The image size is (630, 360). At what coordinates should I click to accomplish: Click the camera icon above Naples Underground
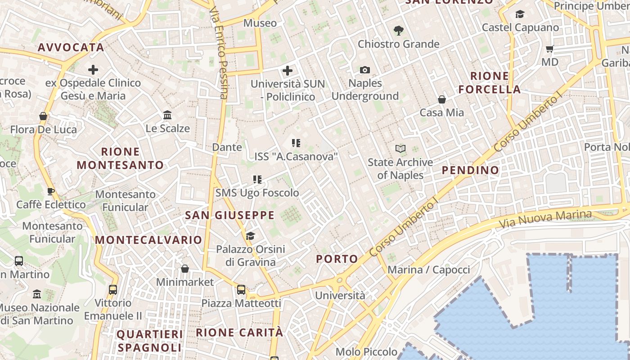tap(365, 70)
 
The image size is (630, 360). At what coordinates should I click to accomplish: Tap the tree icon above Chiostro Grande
tap(398, 31)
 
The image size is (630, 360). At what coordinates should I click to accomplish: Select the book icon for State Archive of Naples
tap(400, 148)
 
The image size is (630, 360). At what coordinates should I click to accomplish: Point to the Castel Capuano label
tap(520, 27)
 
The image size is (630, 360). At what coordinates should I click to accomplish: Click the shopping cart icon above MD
tap(549, 49)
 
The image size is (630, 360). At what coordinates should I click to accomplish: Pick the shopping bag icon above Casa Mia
tap(442, 99)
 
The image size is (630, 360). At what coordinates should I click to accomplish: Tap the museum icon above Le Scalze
tap(168, 115)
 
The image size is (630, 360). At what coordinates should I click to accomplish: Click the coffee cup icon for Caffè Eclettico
tap(51, 191)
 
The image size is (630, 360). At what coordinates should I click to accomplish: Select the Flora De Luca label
tap(44, 130)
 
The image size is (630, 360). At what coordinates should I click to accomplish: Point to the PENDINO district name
tap(470, 170)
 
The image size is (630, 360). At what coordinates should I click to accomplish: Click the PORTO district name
tap(337, 259)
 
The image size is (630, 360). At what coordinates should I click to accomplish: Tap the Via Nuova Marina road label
tap(545, 218)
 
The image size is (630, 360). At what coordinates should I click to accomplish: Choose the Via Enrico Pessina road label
tap(220, 53)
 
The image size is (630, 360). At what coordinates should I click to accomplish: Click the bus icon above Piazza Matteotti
tap(241, 289)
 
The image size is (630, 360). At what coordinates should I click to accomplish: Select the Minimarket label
tap(184, 282)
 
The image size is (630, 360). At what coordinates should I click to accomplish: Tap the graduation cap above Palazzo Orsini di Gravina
tap(250, 236)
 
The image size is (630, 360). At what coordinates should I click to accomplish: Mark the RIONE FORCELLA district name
tap(490, 82)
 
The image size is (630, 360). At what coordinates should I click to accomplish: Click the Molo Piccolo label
tap(366, 351)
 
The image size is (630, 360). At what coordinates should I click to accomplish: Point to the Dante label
tap(227, 147)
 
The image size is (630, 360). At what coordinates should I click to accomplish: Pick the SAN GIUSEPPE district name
tap(229, 215)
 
